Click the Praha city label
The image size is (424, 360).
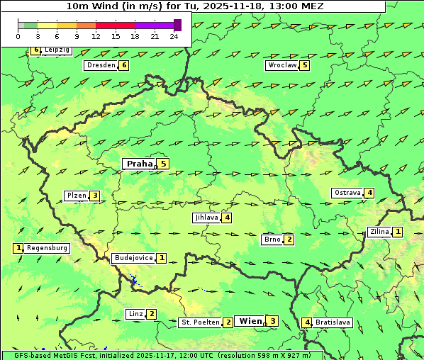pyautogui.click(x=139, y=164)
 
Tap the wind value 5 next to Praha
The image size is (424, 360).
pyautogui.click(x=163, y=164)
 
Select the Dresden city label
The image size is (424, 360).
pyautogui.click(x=100, y=65)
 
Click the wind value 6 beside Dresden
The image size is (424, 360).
pyautogui.click(x=124, y=65)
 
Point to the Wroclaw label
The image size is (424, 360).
pyautogui.click(x=281, y=65)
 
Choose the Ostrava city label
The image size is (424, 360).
pyautogui.click(x=347, y=193)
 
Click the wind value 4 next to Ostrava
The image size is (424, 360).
pyautogui.click(x=369, y=193)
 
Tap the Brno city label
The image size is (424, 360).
pyautogui.click(x=272, y=239)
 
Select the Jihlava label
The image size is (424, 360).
pyautogui.click(x=206, y=218)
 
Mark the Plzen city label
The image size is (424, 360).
pyautogui.click(x=76, y=196)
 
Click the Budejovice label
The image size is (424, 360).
pyautogui.click(x=133, y=258)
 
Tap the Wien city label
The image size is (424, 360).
pyautogui.click(x=250, y=321)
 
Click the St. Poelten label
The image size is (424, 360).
pyautogui.click(x=200, y=322)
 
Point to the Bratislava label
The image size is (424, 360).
pyautogui.click(x=333, y=322)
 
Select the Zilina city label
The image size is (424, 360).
pyautogui.click(x=379, y=232)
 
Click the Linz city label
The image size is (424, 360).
pyautogui.click(x=135, y=314)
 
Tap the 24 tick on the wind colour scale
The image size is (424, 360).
pyautogui.click(x=174, y=36)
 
